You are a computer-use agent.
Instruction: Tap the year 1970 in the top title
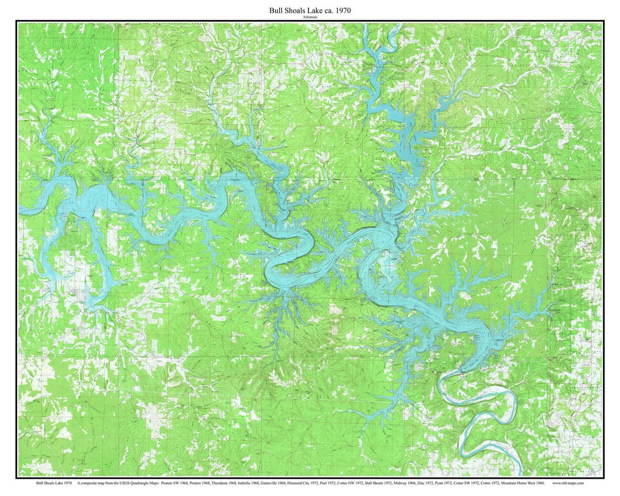[340, 10]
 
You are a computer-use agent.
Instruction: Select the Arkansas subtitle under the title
[310, 17]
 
